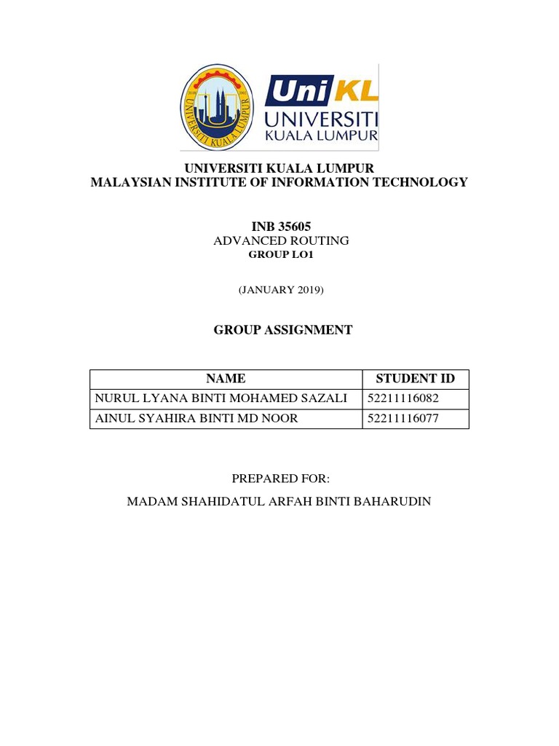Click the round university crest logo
(217, 107)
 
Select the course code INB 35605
(280, 227)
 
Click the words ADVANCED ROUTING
(281, 240)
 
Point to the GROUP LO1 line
(281, 255)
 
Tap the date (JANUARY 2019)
(281, 290)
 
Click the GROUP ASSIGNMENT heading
(282, 330)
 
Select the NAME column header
(226, 379)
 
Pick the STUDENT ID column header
(415, 379)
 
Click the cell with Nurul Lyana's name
(221, 398)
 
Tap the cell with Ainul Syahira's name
(197, 418)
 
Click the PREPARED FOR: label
(281, 479)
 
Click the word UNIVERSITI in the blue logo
(321, 119)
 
